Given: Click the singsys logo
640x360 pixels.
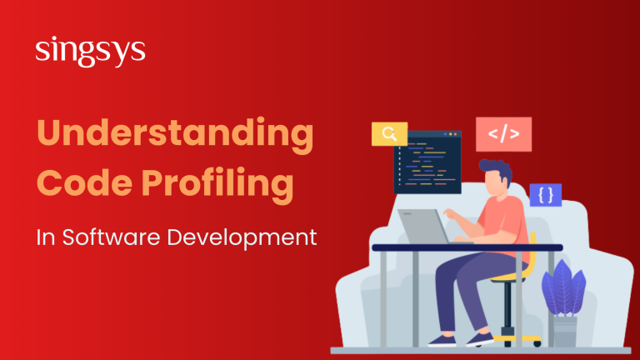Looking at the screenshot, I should (x=91, y=52).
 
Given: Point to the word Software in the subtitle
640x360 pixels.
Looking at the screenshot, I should (x=107, y=237).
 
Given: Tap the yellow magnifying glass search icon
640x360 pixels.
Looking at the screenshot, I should (x=389, y=134).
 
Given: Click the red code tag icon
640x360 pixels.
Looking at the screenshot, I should (x=503, y=134).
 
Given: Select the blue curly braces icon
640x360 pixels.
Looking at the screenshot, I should (x=546, y=195).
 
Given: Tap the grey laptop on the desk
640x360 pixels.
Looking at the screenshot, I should (x=424, y=225).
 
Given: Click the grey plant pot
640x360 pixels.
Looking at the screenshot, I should (x=564, y=330).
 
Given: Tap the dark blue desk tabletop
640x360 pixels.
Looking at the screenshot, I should (x=467, y=247).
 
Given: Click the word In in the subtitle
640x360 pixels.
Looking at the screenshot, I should (x=45, y=237).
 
